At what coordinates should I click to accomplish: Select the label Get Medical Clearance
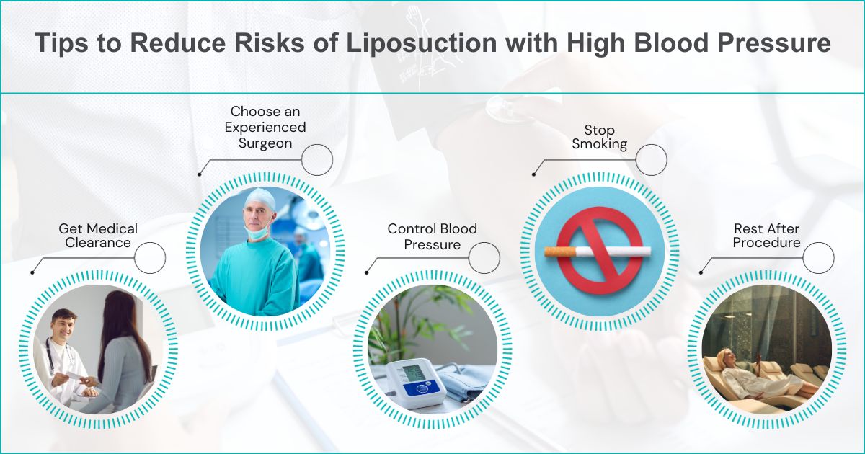pyautogui.click(x=98, y=236)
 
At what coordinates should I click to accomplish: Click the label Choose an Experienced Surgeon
pyautogui.click(x=265, y=127)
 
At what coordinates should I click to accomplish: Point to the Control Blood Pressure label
pyautogui.click(x=432, y=236)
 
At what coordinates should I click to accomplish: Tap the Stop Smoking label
pyautogui.click(x=599, y=137)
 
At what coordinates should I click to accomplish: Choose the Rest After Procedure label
pyautogui.click(x=766, y=236)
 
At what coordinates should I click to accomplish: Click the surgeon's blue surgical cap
pyautogui.click(x=259, y=200)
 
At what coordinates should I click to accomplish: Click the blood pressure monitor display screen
pyautogui.click(x=412, y=373)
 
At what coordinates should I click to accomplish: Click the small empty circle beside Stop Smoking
pyautogui.click(x=651, y=159)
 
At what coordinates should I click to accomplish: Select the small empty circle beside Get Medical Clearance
pyautogui.click(x=150, y=258)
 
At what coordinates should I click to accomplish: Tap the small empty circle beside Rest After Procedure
pyautogui.click(x=818, y=258)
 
